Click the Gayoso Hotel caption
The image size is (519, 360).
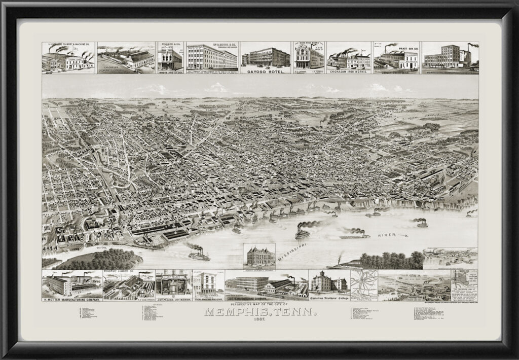tap(265, 72)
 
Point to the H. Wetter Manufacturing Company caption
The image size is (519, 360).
tap(71, 300)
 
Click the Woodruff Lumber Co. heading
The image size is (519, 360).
tap(119, 272)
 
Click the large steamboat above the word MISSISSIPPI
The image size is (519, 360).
tap(303, 233)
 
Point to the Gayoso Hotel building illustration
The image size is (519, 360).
tap(266, 57)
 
